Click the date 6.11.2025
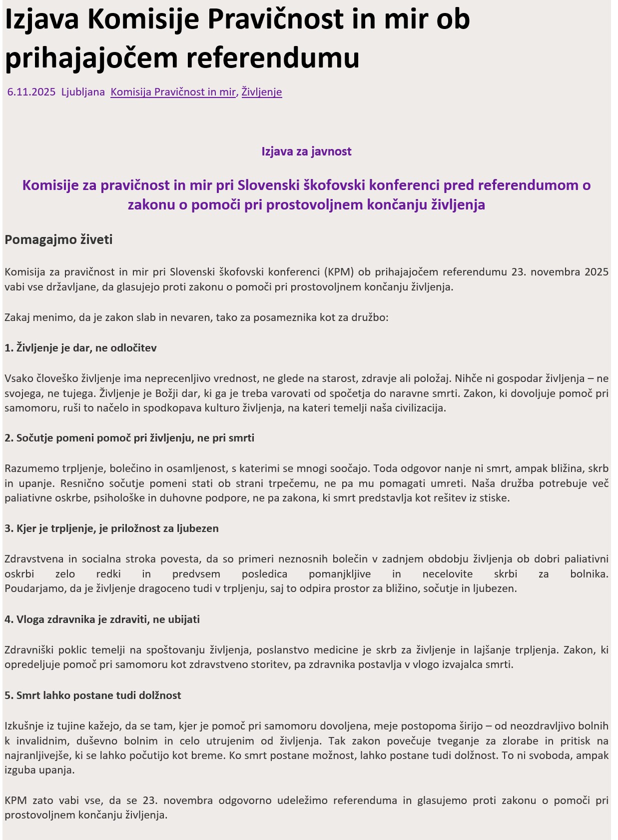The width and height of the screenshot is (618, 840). [31, 92]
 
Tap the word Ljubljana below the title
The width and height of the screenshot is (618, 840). [83, 92]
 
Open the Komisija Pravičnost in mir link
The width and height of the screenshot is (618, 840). [173, 92]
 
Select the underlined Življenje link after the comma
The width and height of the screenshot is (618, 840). [262, 92]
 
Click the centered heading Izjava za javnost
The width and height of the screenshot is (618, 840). [306, 151]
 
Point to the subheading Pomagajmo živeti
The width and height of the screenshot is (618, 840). [58, 239]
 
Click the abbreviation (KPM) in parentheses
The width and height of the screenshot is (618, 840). [339, 272]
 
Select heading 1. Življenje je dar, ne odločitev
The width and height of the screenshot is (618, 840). [80, 348]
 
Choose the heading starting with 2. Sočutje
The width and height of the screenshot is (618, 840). [129, 438]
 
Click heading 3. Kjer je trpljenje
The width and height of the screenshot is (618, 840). [111, 528]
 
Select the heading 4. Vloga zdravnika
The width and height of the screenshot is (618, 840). [102, 619]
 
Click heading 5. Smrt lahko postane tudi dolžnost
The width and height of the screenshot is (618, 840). [92, 695]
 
